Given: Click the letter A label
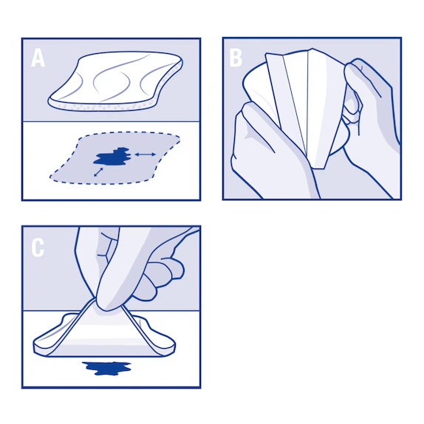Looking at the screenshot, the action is [38, 58].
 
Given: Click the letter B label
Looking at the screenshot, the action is [236, 58].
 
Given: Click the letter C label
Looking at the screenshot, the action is [38, 247].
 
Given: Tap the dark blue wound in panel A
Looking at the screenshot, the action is [112, 157].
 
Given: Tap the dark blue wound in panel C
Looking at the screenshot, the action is [106, 368].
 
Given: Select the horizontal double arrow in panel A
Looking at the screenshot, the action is [146, 154].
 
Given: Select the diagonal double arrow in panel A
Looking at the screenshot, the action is [98, 172].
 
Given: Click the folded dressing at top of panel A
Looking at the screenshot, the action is [116, 81].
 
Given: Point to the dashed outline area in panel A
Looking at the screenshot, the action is [115, 158].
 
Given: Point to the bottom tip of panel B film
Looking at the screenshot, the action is [318, 168].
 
